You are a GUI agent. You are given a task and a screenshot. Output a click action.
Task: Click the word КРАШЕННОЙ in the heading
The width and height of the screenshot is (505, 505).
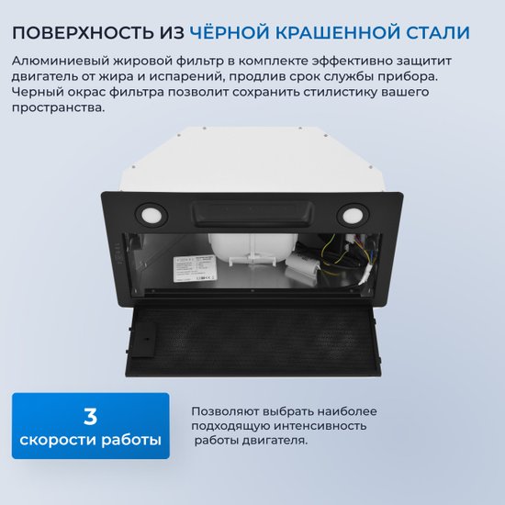click(337, 33)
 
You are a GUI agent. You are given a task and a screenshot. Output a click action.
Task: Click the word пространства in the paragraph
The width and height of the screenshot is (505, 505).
click(58, 108)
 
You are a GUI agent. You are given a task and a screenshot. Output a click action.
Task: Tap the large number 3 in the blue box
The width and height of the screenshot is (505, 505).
click(91, 417)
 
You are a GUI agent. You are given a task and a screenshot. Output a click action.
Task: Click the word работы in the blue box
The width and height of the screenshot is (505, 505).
click(131, 440)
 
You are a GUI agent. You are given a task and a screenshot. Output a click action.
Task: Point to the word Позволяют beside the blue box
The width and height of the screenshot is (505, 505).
click(225, 411)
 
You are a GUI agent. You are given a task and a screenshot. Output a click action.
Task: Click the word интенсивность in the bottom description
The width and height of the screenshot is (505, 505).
click(320, 426)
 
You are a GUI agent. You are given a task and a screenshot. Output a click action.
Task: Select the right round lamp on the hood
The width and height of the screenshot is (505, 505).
click(353, 216)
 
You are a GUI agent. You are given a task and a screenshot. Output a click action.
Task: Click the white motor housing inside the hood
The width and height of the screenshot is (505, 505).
click(254, 249)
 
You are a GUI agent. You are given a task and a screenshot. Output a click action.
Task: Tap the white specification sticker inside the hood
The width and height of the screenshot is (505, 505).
click(195, 269)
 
